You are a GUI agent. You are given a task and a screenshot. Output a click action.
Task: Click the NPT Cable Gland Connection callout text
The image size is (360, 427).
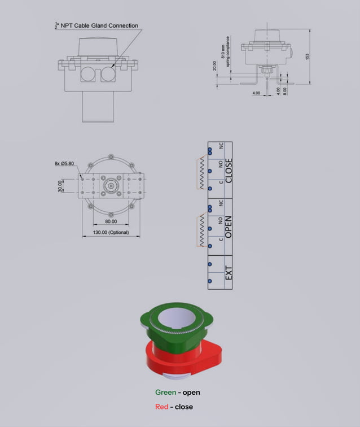pos(99,25)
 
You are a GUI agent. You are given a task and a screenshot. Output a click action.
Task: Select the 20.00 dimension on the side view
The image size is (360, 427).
pos(214,67)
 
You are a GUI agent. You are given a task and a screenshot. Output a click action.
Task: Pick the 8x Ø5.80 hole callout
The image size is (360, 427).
pos(65,164)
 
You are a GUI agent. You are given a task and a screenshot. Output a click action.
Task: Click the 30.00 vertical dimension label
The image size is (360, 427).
pos(60,186)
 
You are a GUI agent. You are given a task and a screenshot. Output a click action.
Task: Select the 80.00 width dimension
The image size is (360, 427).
pos(111,222)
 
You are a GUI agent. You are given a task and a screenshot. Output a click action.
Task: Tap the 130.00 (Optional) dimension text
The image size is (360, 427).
pos(111,233)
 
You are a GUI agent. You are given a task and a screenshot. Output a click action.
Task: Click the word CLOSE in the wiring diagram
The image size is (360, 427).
pos(229,170)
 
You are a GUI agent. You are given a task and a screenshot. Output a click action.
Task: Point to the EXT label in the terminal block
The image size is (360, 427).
pos(229,273)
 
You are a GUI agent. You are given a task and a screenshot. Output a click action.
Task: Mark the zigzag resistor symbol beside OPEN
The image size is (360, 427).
pos(199,230)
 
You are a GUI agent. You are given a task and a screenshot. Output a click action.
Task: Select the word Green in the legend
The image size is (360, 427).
pos(165,393)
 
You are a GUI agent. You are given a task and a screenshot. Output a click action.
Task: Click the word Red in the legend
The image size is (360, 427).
pos(161,407)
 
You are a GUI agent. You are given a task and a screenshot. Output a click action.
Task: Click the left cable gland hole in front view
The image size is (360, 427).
pos(88,73)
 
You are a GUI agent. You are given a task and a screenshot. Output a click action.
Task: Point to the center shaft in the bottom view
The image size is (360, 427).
pos(111,186)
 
